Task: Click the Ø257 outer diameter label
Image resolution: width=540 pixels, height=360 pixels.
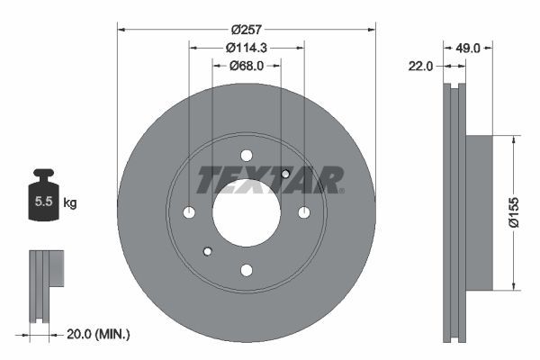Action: click(247, 19)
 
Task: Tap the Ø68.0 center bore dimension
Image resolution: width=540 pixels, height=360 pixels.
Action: click(247, 66)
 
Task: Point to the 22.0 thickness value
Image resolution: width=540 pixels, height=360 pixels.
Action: click(422, 66)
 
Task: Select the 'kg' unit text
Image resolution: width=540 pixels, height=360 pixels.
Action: click(70, 203)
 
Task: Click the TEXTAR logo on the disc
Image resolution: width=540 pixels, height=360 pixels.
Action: click(270, 180)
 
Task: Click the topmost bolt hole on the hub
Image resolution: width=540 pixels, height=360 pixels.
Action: click(247, 155)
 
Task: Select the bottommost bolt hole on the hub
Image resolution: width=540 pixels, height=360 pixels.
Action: click(247, 269)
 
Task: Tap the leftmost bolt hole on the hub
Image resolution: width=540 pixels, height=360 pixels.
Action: click(189, 212)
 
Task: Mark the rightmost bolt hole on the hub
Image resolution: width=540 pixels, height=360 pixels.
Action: click(304, 212)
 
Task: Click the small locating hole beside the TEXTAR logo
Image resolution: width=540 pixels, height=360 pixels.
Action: click(285, 174)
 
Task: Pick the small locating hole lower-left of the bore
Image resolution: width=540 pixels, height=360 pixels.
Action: click(207, 251)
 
